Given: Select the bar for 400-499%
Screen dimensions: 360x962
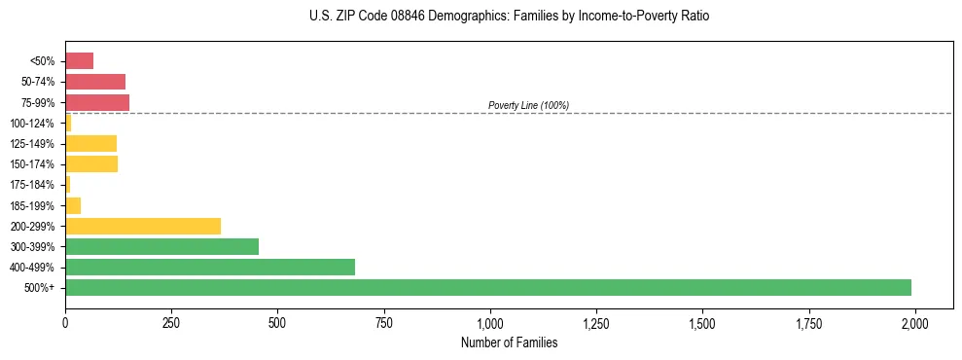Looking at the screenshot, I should [x=210, y=267].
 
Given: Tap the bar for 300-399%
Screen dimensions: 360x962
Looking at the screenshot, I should [x=161, y=246].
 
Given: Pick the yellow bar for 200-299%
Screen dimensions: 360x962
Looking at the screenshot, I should [x=143, y=226].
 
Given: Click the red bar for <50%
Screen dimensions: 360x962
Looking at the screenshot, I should [x=79, y=61].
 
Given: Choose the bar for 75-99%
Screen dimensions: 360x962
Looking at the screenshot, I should [x=97, y=102].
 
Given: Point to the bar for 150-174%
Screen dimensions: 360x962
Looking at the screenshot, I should [x=91, y=163].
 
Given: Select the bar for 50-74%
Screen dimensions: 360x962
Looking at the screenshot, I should [x=95, y=82].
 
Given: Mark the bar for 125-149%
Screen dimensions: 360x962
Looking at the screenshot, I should [x=90, y=143].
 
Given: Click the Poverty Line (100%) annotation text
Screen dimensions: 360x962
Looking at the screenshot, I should [x=528, y=105].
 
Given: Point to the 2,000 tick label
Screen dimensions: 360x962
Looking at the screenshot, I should [x=914, y=322].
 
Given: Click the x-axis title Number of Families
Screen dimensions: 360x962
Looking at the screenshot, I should [x=509, y=342].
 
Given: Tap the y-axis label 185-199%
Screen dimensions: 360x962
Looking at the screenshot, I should [x=32, y=205].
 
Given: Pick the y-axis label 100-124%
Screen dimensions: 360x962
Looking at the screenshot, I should [x=32, y=124].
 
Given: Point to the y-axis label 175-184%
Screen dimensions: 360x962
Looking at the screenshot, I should [x=32, y=185].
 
